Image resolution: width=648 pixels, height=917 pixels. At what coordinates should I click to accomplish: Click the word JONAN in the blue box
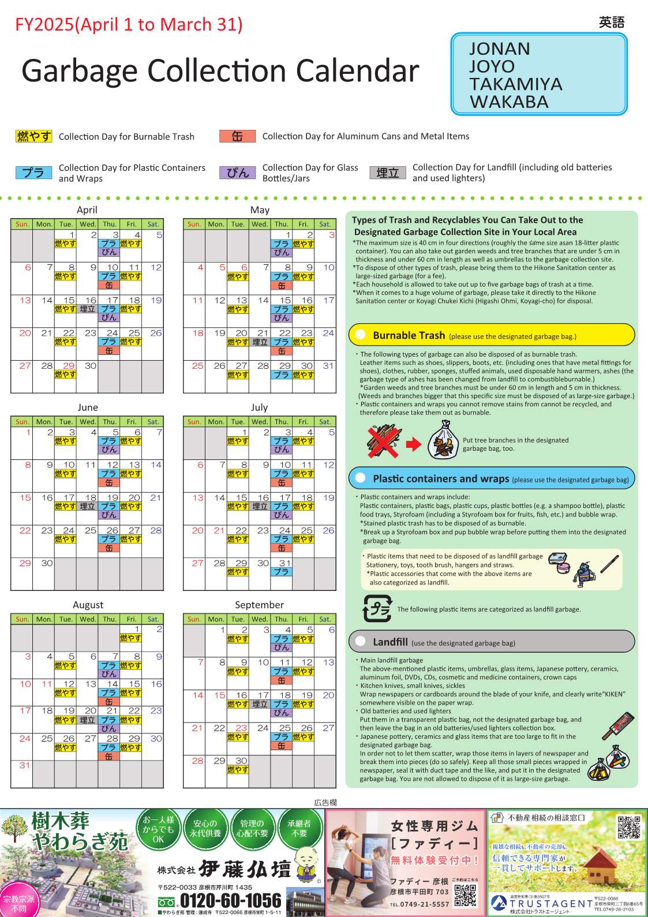click(499, 49)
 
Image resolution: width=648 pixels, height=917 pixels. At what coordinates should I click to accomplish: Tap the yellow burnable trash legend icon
click(34, 136)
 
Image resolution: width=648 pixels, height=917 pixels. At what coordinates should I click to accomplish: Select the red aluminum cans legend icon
click(237, 136)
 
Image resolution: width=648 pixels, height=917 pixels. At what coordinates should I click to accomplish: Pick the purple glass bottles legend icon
click(237, 173)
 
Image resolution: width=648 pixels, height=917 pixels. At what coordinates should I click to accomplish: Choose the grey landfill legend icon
click(387, 173)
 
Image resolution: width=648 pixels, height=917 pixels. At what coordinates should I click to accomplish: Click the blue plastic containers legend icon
click(34, 173)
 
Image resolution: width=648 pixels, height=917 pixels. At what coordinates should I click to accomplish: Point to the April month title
click(87, 210)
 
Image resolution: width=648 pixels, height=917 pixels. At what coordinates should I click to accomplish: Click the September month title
click(259, 605)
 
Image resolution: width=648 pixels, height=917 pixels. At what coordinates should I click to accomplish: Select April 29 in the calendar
click(69, 366)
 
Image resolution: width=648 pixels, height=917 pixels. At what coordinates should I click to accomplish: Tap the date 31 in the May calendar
click(328, 366)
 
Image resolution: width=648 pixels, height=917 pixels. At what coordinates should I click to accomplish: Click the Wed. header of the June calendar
click(88, 422)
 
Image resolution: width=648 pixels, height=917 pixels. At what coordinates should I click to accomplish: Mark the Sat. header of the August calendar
click(153, 619)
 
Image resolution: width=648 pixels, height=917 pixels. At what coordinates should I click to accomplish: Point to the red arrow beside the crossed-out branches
click(414, 444)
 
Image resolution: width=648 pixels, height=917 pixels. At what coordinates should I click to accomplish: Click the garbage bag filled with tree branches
click(443, 440)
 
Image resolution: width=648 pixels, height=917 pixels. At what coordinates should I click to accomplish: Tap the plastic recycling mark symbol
click(377, 608)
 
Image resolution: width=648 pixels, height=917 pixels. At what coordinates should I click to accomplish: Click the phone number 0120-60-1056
click(230, 900)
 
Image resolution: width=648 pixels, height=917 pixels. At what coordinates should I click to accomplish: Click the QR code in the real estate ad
click(628, 826)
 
